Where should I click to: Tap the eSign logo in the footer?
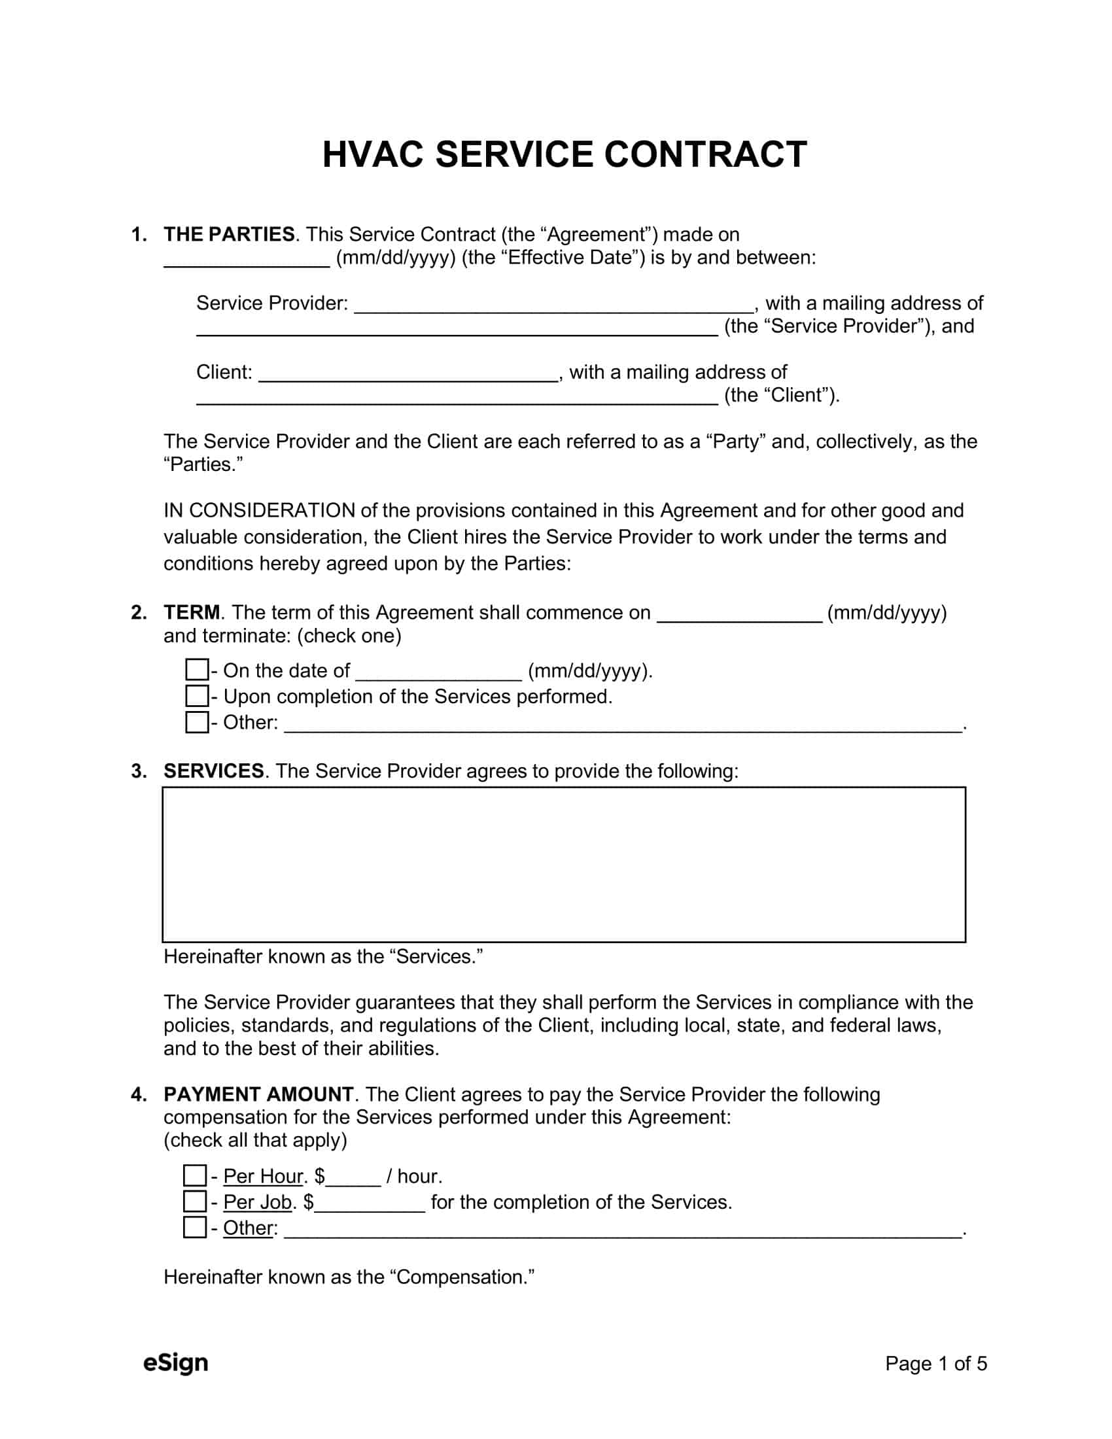pyautogui.click(x=175, y=1362)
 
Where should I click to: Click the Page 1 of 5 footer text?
pyautogui.click(x=935, y=1363)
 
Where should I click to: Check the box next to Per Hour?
pyautogui.click(x=194, y=1175)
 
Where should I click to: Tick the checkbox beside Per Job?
pyautogui.click(x=194, y=1201)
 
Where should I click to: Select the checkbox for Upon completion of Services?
pyautogui.click(x=196, y=696)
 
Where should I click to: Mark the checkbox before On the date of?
pyautogui.click(x=196, y=670)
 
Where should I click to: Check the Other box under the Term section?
pyautogui.click(x=196, y=722)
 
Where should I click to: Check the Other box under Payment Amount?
pyautogui.click(x=194, y=1227)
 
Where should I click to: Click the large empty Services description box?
pyautogui.click(x=563, y=864)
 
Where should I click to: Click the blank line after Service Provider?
pyautogui.click(x=553, y=304)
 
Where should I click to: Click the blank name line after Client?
pyautogui.click(x=408, y=373)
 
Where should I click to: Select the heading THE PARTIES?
pyautogui.click(x=229, y=235)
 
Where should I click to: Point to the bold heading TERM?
pyautogui.click(x=192, y=613)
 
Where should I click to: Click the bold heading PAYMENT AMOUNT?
pyautogui.click(x=258, y=1094)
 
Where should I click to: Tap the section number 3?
pyautogui.click(x=137, y=771)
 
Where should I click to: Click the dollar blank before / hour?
pyautogui.click(x=353, y=1177)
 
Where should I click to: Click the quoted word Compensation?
pyautogui.click(x=462, y=1277)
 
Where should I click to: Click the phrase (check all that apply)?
pyautogui.click(x=255, y=1140)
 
